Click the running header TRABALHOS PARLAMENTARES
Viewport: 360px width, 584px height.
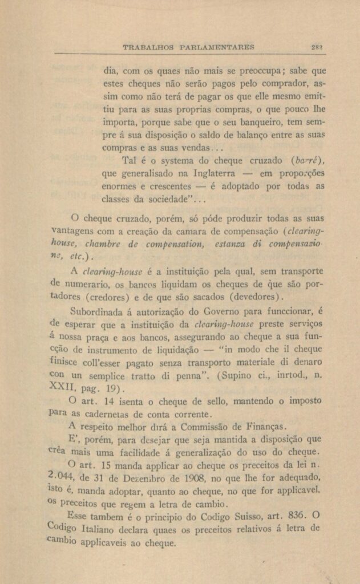189,46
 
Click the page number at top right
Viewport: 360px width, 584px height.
318,46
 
